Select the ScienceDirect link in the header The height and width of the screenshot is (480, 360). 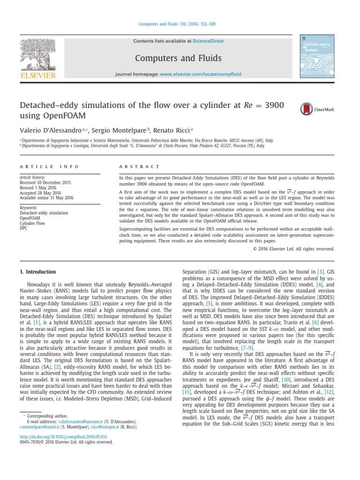click(208, 41)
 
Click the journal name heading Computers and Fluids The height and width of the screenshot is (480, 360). click(178, 58)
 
